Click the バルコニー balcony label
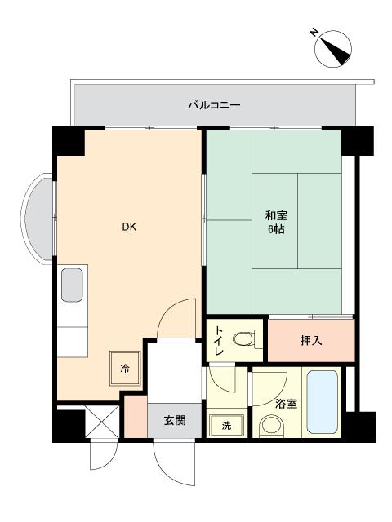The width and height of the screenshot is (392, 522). (214, 105)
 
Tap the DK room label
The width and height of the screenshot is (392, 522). (129, 227)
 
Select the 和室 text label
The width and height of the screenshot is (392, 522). (276, 215)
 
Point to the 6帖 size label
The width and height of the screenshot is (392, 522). (276, 229)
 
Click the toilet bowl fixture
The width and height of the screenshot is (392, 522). (247, 339)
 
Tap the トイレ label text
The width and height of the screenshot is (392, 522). (218, 341)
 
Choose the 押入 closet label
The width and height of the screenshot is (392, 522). (311, 341)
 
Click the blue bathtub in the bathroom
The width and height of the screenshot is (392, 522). (322, 402)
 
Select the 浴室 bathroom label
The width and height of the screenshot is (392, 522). (286, 404)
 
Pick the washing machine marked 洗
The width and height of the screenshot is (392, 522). (226, 425)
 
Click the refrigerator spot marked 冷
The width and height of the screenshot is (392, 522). (125, 368)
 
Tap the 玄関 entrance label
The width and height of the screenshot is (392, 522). (175, 421)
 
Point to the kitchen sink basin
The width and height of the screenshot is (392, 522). (72, 285)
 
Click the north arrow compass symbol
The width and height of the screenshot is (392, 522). (333, 49)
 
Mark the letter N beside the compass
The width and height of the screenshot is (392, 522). (314, 33)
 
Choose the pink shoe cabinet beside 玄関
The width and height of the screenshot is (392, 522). (136, 416)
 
